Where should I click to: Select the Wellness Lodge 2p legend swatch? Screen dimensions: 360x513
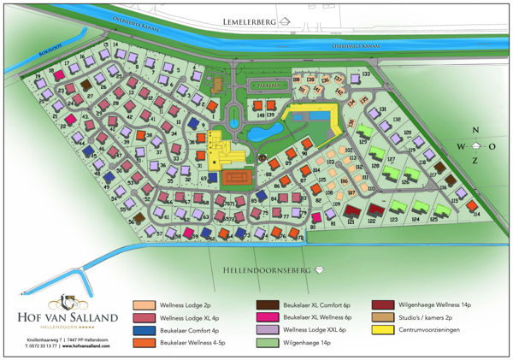point(143,304)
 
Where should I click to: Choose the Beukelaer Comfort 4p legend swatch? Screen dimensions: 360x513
point(143,329)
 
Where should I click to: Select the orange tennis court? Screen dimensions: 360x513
point(237,177)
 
